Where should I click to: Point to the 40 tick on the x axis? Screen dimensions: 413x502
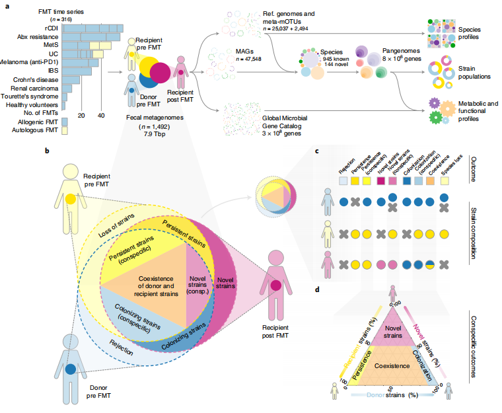(x=101, y=115)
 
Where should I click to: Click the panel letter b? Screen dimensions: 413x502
(x=47, y=151)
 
